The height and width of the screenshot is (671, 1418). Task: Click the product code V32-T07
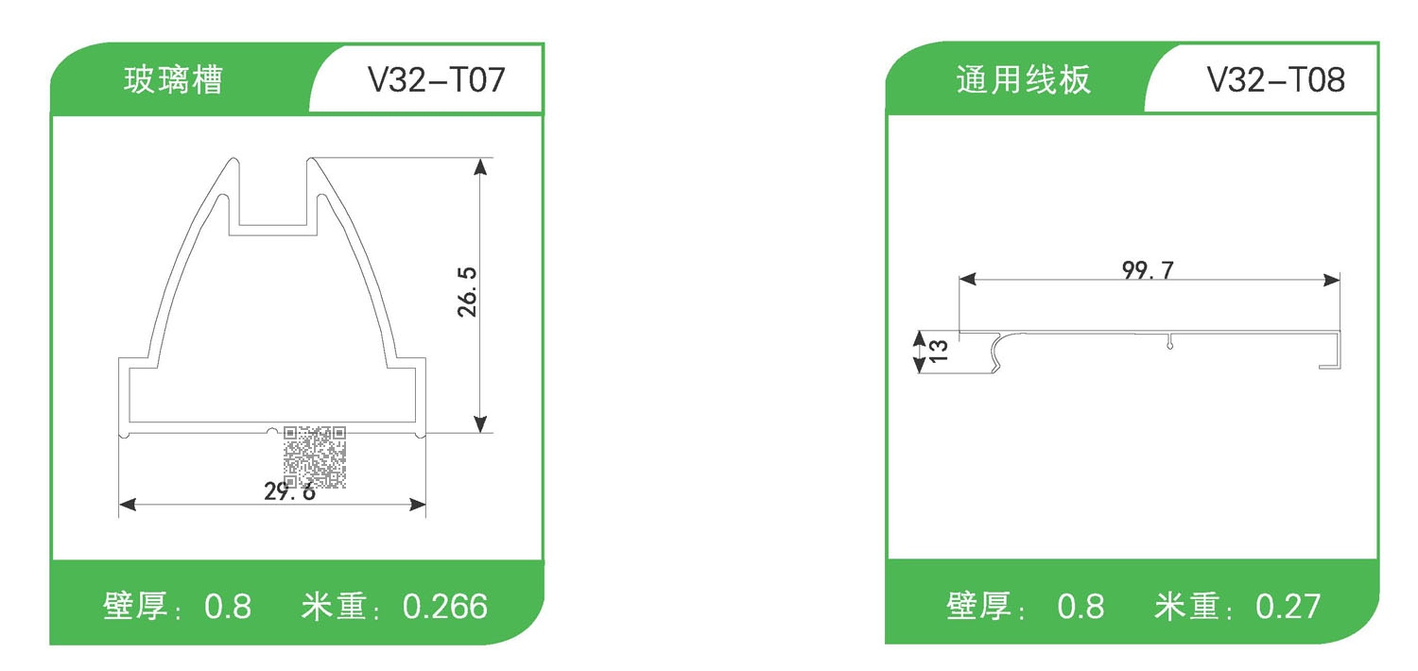[x=436, y=80]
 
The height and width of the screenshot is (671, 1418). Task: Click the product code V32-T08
[x=1275, y=80]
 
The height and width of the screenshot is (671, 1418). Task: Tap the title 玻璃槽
[x=173, y=80]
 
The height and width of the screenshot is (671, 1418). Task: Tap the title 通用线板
[x=1023, y=80]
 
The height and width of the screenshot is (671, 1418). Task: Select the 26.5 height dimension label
[x=468, y=291]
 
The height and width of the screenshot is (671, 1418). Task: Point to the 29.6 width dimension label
[x=289, y=491]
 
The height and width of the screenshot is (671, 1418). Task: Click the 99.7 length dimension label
[x=1148, y=270]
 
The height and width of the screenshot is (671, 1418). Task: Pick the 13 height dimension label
[x=938, y=351]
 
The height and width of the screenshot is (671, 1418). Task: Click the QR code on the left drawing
[x=314, y=456]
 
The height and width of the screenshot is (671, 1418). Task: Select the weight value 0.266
[x=445, y=606]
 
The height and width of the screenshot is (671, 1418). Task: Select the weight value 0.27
[x=1288, y=606]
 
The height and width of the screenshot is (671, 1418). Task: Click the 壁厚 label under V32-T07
[x=137, y=606]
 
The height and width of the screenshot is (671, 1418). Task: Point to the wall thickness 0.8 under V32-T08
[x=1081, y=606]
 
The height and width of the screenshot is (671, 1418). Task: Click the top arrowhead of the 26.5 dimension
[x=481, y=166]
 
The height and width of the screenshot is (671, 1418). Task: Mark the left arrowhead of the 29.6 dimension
[x=127, y=505]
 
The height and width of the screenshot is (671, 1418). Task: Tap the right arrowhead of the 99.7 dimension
[x=1333, y=280]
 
